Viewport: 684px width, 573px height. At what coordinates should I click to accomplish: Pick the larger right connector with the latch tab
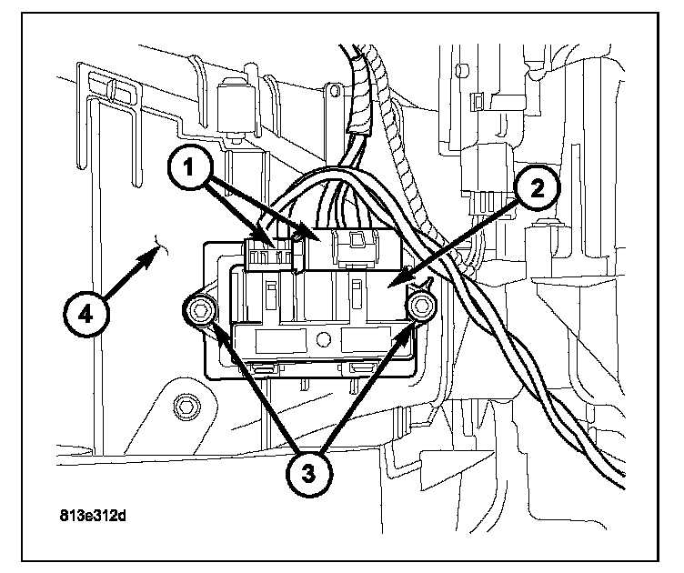tap(355, 246)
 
